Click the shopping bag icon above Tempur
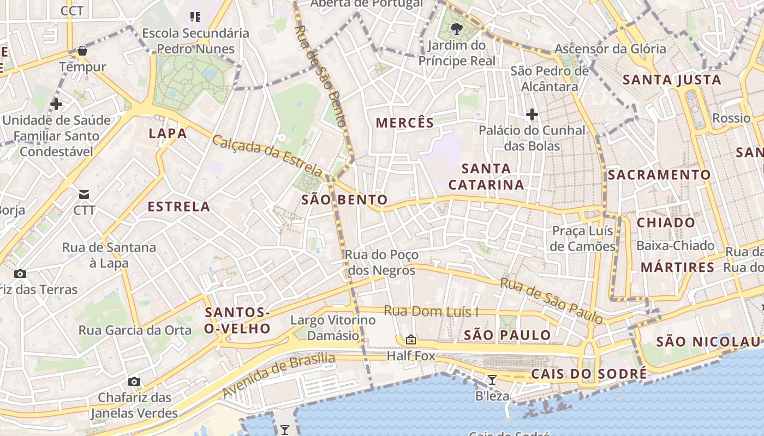coord(82,51)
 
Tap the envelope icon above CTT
coord(84,194)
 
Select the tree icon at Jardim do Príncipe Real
coord(457,29)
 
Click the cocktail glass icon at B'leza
coord(492,380)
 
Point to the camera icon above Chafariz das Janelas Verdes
coord(134,381)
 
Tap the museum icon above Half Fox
coord(411,340)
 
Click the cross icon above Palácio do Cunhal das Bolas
coord(532,114)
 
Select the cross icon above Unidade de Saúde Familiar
coord(56,104)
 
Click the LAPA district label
coord(168,134)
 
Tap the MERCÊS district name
coord(405,123)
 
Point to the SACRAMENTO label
coord(660,175)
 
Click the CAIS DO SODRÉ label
coord(589,374)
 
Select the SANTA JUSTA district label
coord(672,80)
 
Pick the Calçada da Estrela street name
coord(268,155)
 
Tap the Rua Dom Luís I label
coord(431,311)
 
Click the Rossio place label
coord(732,118)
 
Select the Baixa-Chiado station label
coord(676,246)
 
